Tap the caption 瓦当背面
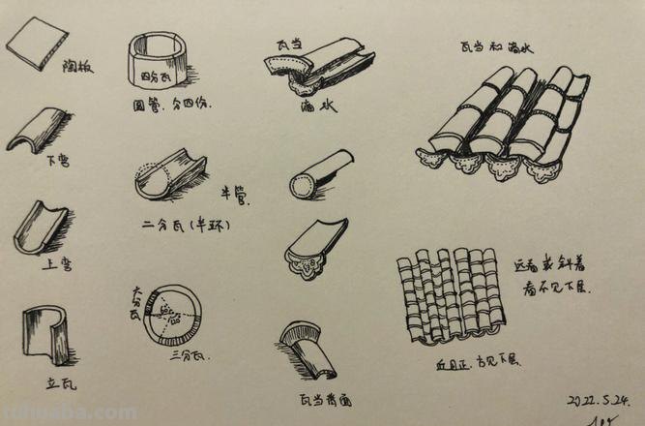[x=325, y=396]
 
